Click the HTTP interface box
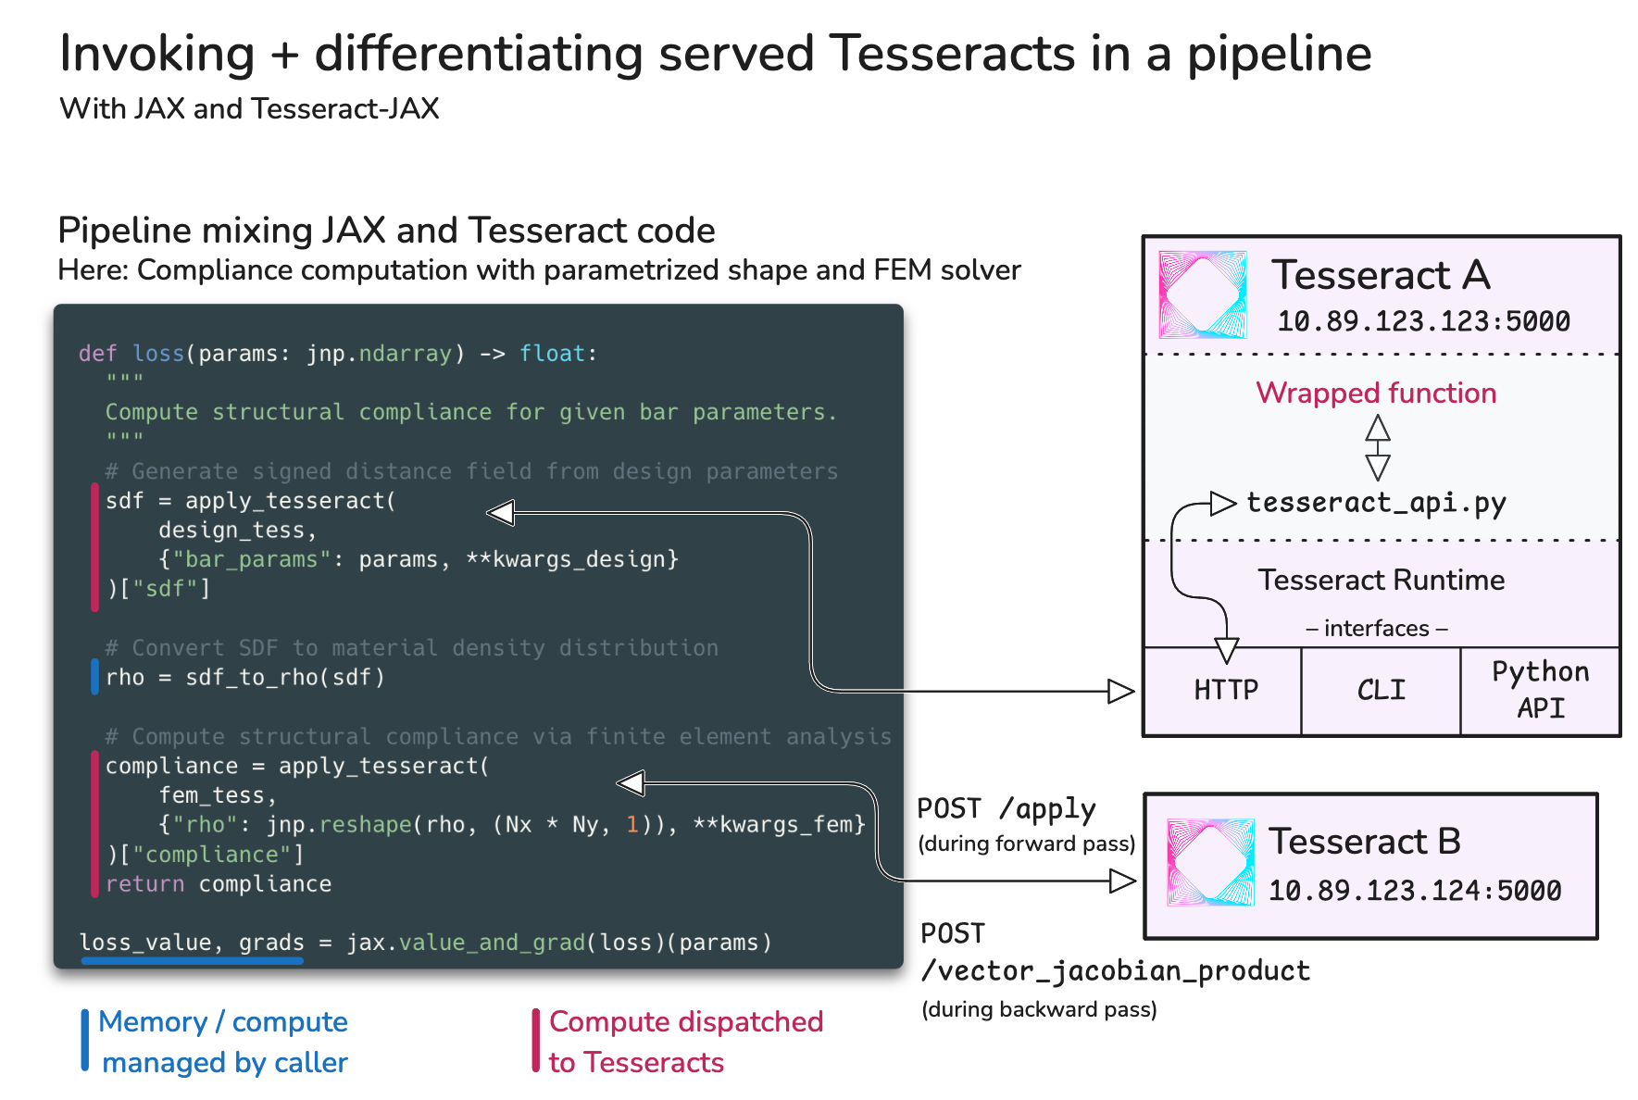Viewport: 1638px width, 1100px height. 1224,691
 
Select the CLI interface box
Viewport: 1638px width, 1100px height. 1381,691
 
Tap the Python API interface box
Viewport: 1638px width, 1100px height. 1540,690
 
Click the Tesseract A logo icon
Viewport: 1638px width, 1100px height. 1203,294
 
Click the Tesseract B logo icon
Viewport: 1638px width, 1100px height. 1210,862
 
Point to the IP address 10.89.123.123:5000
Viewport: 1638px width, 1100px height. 1423,321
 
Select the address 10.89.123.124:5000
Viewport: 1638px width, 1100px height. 1414,891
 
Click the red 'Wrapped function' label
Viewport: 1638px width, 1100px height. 1376,393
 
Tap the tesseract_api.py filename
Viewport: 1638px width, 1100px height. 1376,503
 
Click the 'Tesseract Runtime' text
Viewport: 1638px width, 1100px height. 1381,581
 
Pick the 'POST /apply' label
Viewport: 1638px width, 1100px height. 1006,809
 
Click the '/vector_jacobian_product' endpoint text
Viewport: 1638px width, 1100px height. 1115,970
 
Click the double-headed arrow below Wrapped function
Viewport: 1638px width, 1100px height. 1378,447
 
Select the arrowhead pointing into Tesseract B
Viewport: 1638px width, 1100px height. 1122,881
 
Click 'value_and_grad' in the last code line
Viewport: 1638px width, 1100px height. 492,943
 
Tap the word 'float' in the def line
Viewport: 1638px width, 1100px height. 552,354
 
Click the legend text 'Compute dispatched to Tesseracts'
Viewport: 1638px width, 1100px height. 685,1042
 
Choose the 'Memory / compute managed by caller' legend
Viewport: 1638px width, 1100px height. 223,1042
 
